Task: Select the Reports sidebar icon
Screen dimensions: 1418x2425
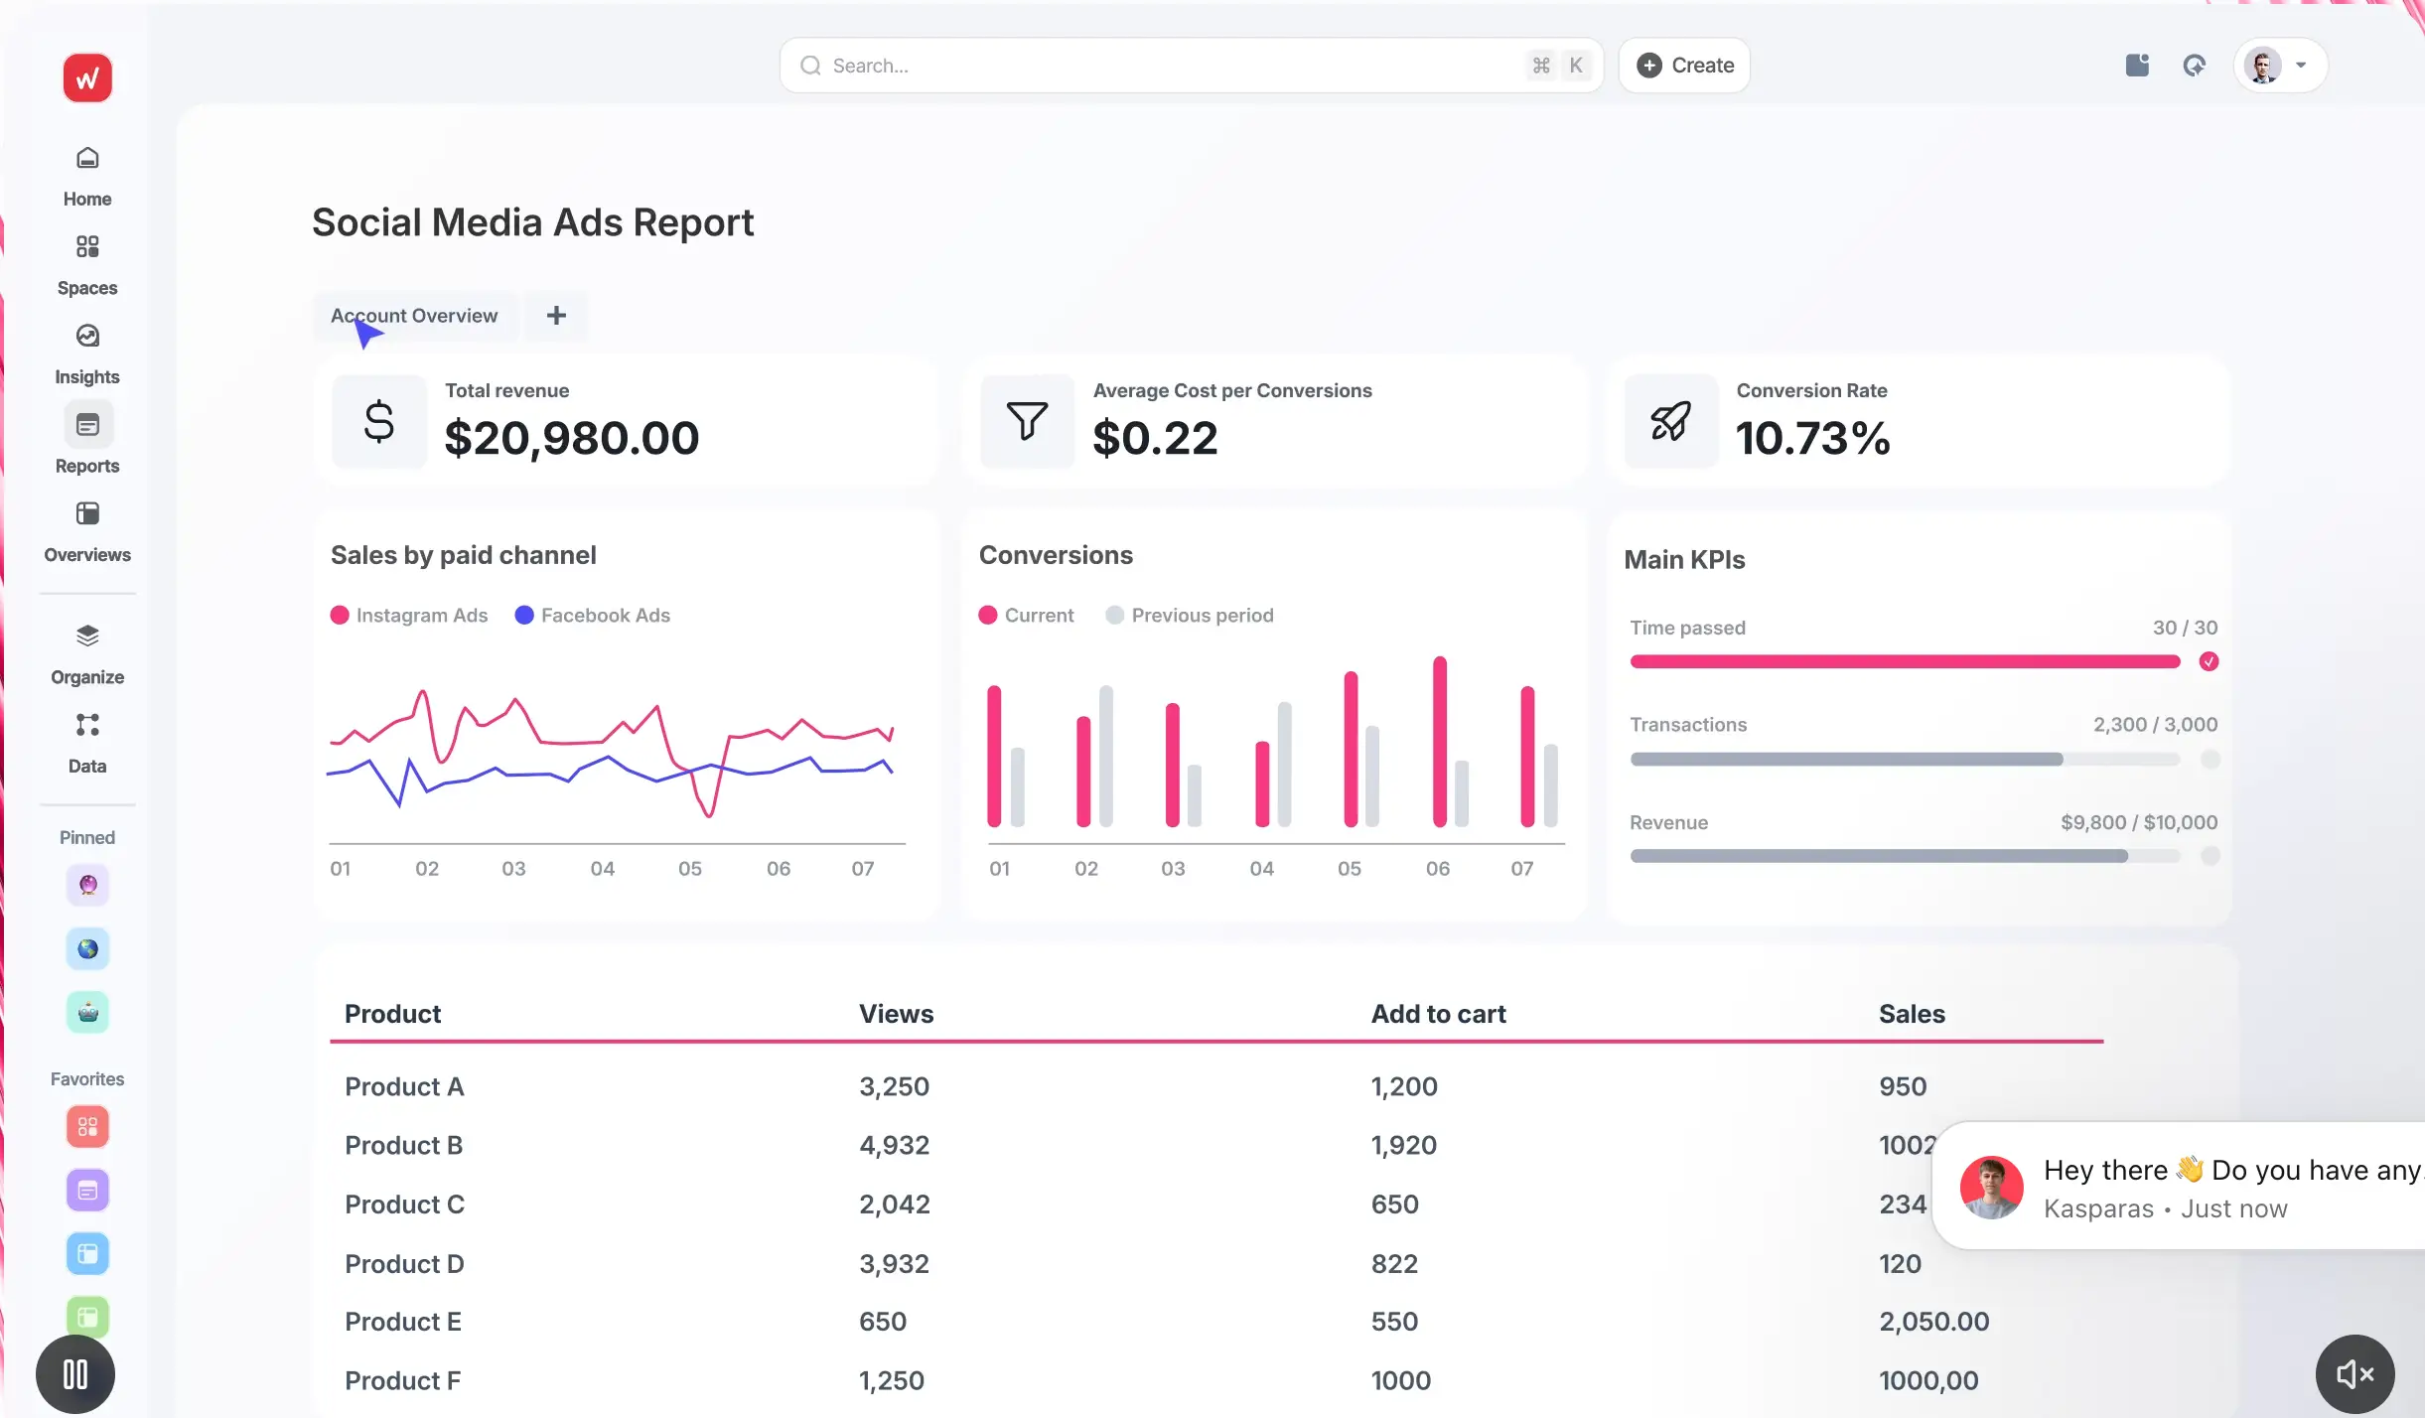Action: click(x=87, y=425)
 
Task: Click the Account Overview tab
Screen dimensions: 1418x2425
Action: click(x=414, y=316)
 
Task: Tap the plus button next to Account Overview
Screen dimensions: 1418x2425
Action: click(x=556, y=316)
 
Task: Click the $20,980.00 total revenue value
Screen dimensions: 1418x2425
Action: click(x=572, y=438)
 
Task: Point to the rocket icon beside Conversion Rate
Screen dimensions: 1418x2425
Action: click(x=1670, y=421)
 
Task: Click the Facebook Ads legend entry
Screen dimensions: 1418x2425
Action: click(x=593, y=616)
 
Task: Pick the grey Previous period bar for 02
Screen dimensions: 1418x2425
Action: click(x=1106, y=755)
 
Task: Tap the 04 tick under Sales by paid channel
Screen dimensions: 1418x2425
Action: click(x=602, y=869)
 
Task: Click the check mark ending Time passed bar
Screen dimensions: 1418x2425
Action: click(x=2209, y=661)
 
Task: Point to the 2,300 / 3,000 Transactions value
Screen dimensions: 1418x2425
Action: click(x=2155, y=725)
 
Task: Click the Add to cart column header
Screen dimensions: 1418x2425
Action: click(x=1438, y=1014)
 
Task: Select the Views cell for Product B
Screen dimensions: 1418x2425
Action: click(x=894, y=1145)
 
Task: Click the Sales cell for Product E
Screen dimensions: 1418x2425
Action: click(x=1933, y=1322)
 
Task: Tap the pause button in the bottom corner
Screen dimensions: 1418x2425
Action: click(x=75, y=1374)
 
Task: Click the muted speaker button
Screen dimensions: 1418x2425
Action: click(x=2354, y=1374)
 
